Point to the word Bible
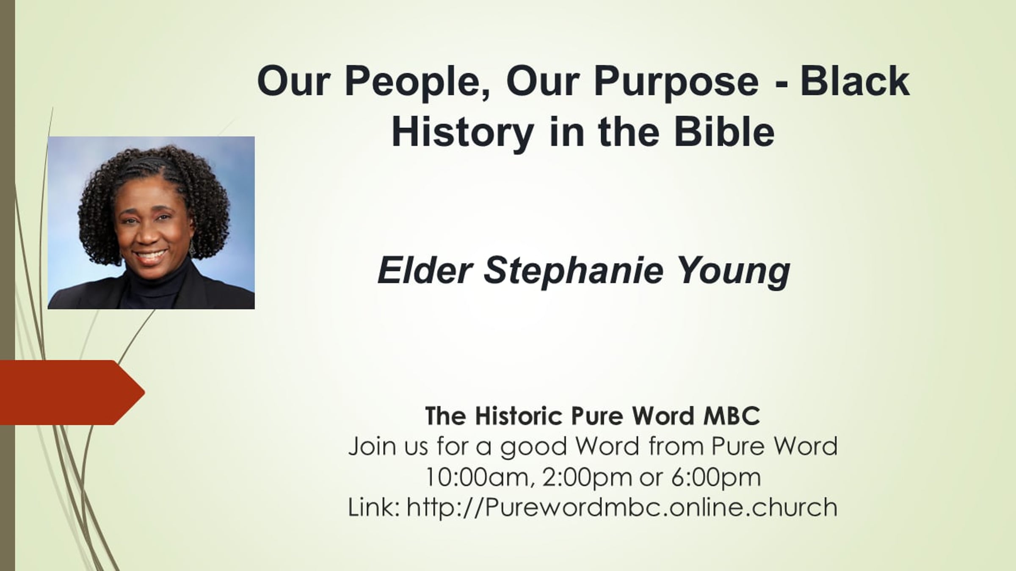724,131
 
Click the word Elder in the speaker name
425,270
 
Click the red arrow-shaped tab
72,392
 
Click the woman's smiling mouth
151,255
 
